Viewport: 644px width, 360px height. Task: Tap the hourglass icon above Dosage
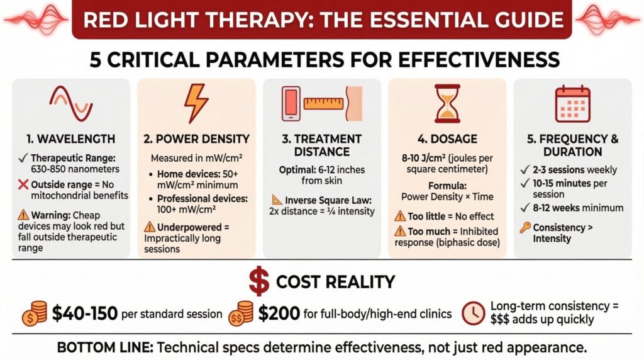pyautogui.click(x=447, y=104)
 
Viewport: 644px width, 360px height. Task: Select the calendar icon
pyautogui.click(x=572, y=104)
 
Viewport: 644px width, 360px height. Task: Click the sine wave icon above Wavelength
pyautogui.click(x=71, y=104)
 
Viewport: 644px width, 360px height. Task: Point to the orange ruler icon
pyautogui.click(x=323, y=103)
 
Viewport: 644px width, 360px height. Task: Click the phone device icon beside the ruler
pyautogui.click(x=291, y=104)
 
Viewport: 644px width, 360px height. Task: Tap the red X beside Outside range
pyautogui.click(x=23, y=184)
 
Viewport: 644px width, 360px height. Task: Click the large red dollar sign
pyautogui.click(x=259, y=281)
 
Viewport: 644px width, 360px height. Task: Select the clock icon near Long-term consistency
pyautogui.click(x=474, y=313)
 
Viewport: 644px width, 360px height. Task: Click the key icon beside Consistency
pyautogui.click(x=525, y=227)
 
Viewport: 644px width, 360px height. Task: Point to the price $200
pyautogui.click(x=279, y=314)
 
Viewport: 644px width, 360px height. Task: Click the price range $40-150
pyautogui.click(x=85, y=314)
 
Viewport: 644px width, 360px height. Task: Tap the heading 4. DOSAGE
pyautogui.click(x=447, y=139)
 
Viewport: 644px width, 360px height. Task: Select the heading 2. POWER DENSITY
pyautogui.click(x=196, y=139)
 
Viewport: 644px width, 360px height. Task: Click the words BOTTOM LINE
pyautogui.click(x=105, y=347)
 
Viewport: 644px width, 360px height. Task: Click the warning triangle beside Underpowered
pyautogui.click(x=150, y=227)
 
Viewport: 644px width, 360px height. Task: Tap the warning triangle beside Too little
pyautogui.click(x=400, y=216)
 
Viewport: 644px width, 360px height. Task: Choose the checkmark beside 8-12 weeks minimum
pyautogui.click(x=525, y=207)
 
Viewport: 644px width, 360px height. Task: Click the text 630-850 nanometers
pyautogui.click(x=75, y=169)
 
